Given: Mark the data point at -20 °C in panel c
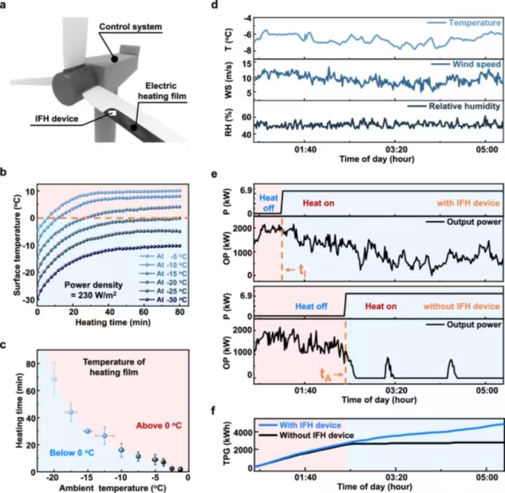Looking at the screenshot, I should click(x=54, y=379).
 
